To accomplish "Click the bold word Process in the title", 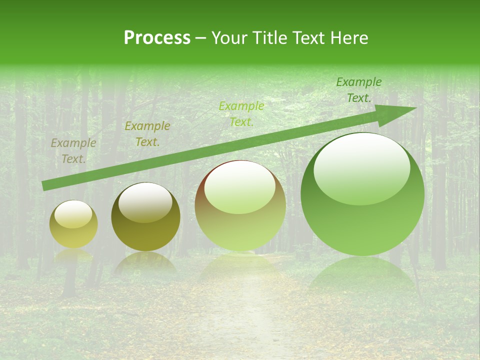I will tap(157, 38).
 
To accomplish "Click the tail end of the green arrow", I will tap(45, 185).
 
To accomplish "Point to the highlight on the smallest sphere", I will tap(73, 214).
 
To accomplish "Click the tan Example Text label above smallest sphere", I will tap(73, 151).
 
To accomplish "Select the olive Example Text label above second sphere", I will tap(147, 134).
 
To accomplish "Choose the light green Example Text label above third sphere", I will tap(241, 114).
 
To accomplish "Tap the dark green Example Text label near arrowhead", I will tap(359, 90).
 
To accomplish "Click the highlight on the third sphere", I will tap(239, 188).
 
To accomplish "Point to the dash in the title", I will tap(201, 38).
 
